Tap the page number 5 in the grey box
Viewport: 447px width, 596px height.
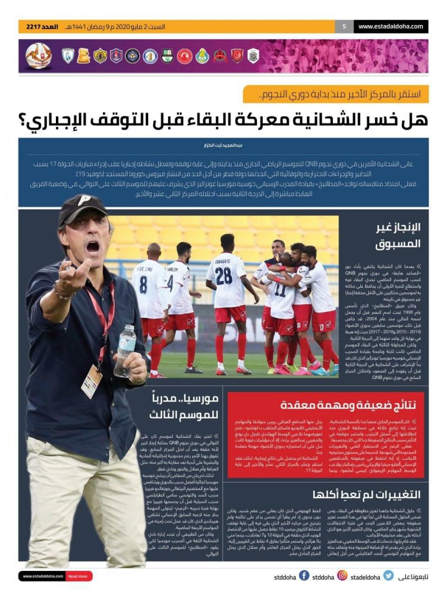(x=344, y=26)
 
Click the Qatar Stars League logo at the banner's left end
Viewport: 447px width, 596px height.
(x=39, y=56)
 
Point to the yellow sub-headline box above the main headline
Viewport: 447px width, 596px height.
(x=336, y=94)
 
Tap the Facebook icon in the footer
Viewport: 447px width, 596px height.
(x=304, y=575)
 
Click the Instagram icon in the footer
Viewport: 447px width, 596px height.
(x=342, y=575)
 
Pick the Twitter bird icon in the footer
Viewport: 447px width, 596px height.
(x=388, y=575)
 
